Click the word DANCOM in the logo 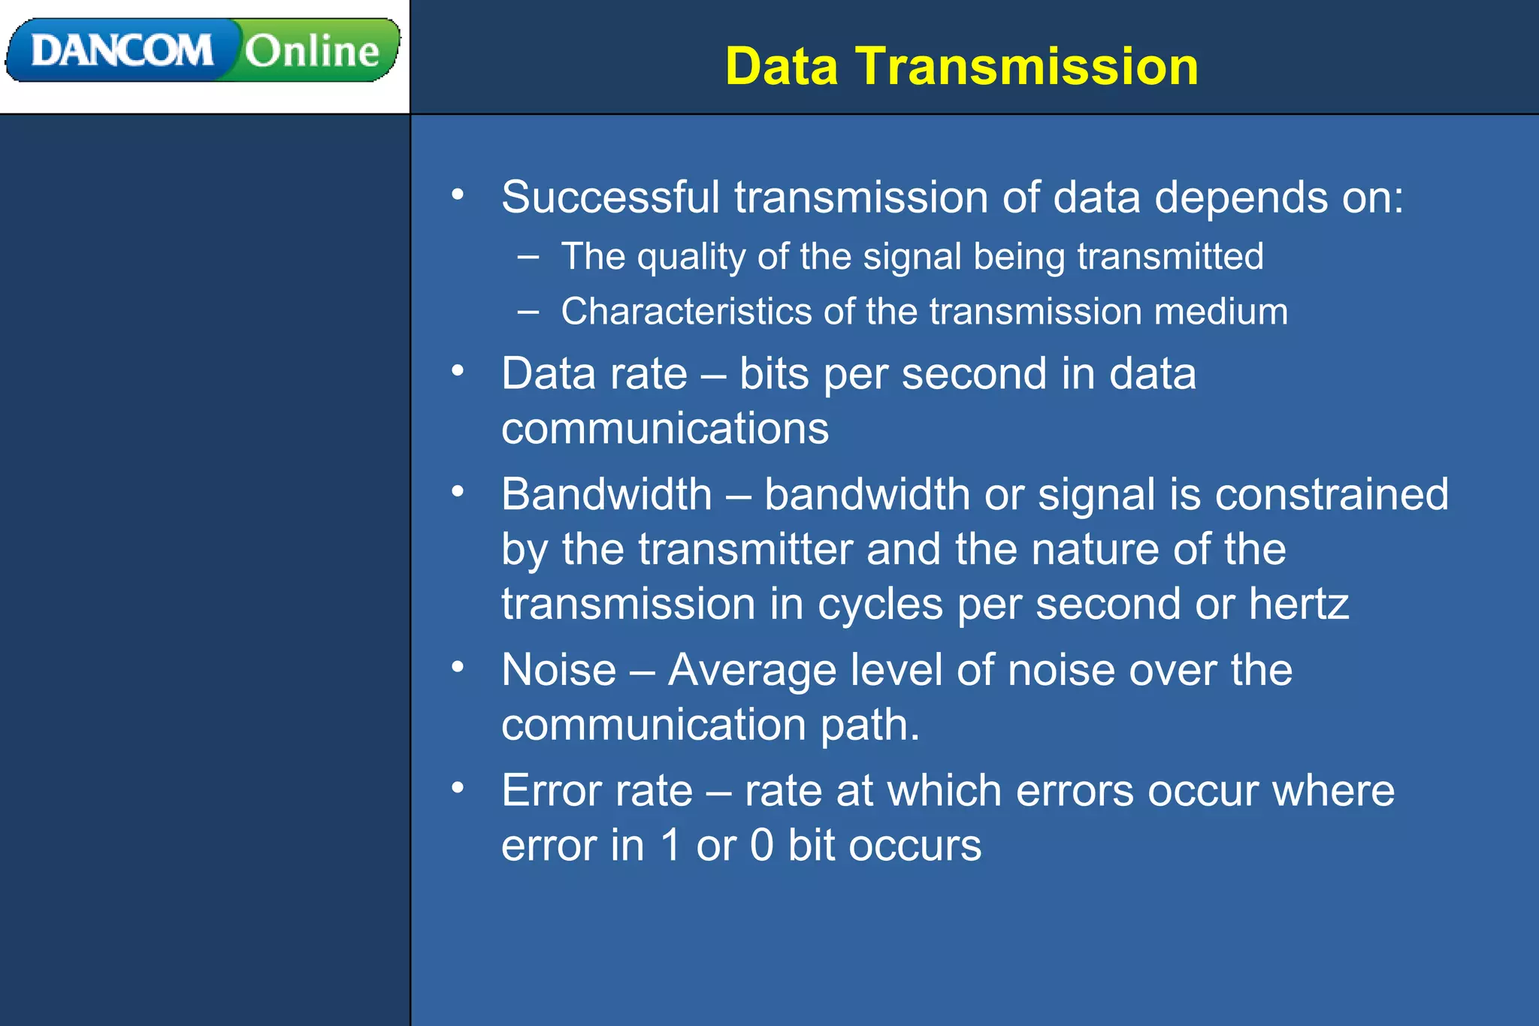tap(122, 51)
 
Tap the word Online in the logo tap(312, 51)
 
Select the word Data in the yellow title tap(782, 66)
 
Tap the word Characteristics tap(686, 312)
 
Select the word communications tap(665, 429)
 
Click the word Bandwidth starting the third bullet tap(606, 495)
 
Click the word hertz tap(1299, 605)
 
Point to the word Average tap(751, 670)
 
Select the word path tap(869, 726)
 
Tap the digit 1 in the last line tap(670, 846)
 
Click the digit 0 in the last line tap(761, 846)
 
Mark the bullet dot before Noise tap(458, 666)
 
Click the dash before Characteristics tap(528, 311)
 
